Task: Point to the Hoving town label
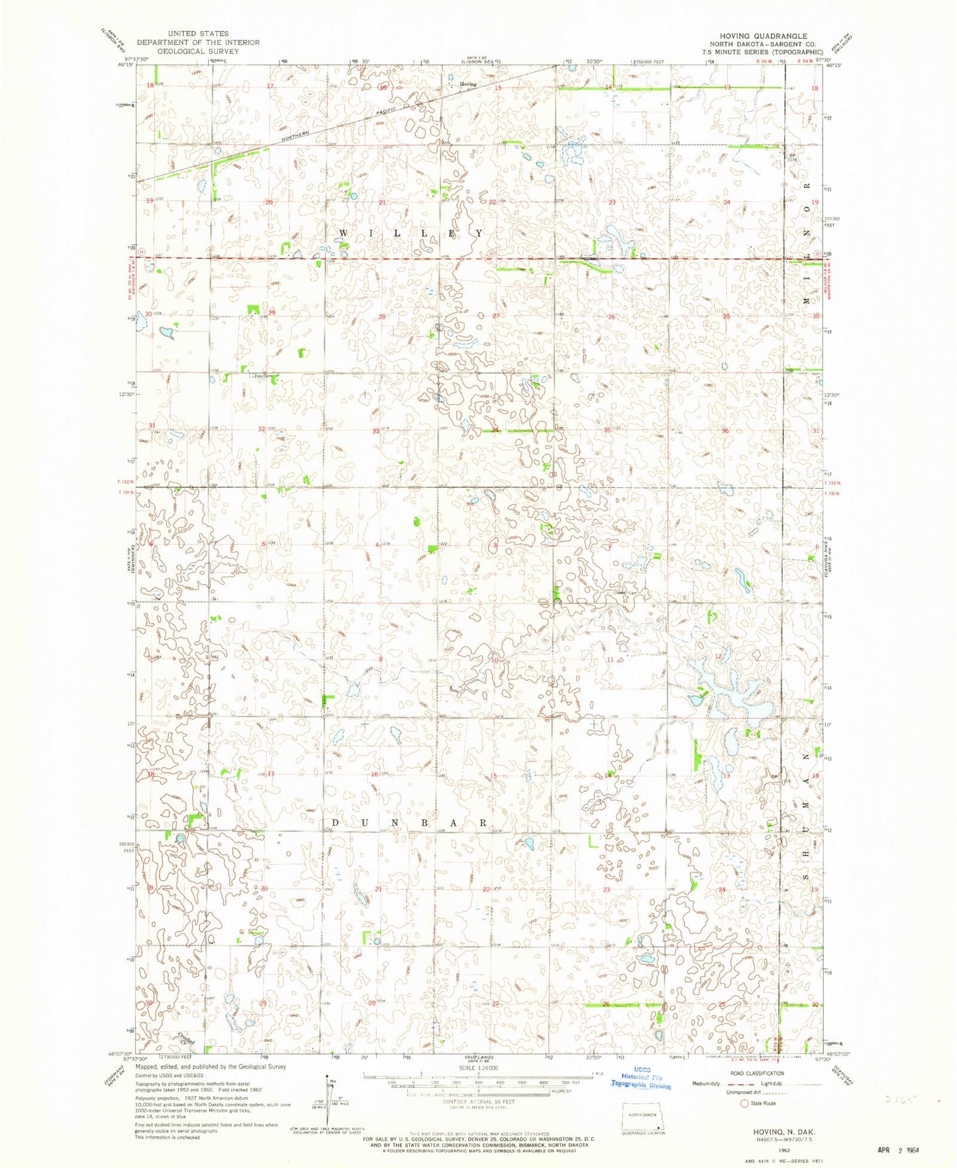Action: click(x=468, y=84)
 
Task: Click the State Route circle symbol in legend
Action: click(x=744, y=1103)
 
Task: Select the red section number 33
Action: click(x=376, y=431)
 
